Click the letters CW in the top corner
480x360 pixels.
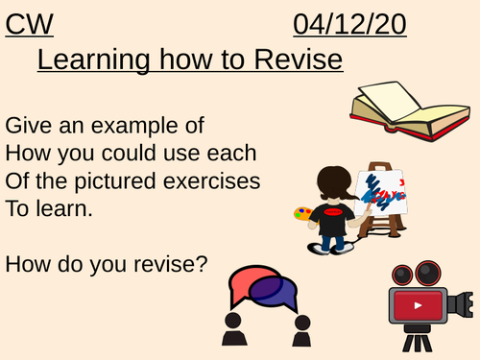[x=29, y=22]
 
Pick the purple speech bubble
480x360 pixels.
[x=277, y=293]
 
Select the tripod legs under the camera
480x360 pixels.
[x=419, y=342]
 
